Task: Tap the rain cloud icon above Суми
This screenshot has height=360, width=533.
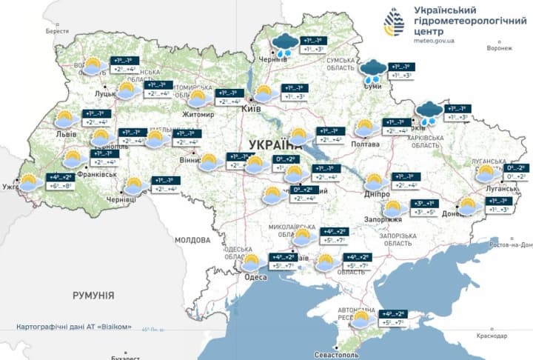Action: click(x=371, y=71)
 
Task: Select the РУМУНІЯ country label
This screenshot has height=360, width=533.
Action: click(x=93, y=296)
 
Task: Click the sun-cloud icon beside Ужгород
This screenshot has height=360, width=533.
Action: click(x=30, y=182)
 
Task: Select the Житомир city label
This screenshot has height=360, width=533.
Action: click(x=198, y=115)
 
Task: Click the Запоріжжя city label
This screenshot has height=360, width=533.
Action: click(x=382, y=220)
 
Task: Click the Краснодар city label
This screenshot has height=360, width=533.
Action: click(x=492, y=336)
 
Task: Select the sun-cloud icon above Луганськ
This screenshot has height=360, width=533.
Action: click(x=486, y=173)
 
